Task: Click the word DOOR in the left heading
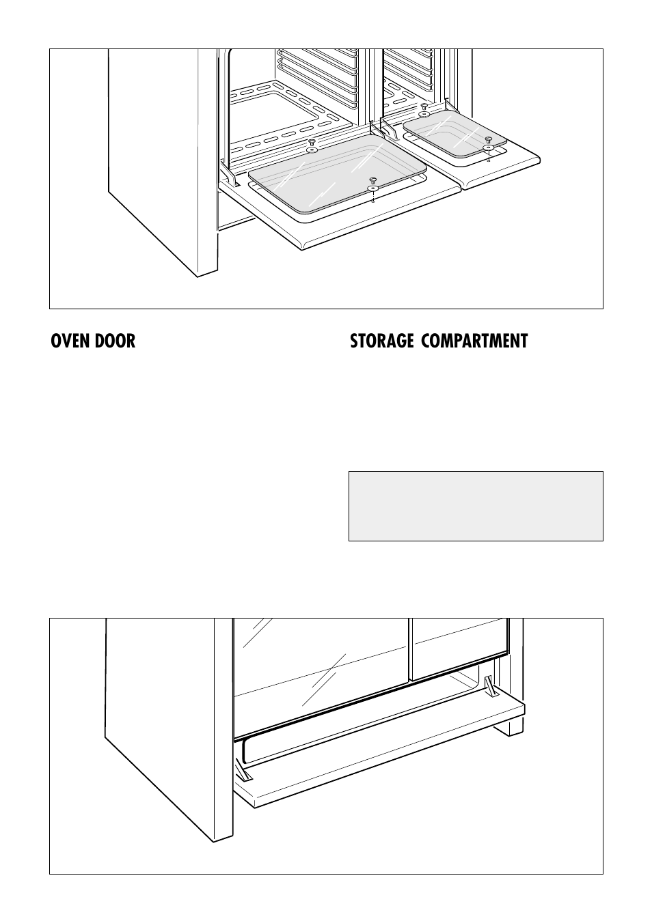116,341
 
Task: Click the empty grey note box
476,506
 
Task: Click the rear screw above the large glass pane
312,143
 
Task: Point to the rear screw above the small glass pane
424,107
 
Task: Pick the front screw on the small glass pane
488,141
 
